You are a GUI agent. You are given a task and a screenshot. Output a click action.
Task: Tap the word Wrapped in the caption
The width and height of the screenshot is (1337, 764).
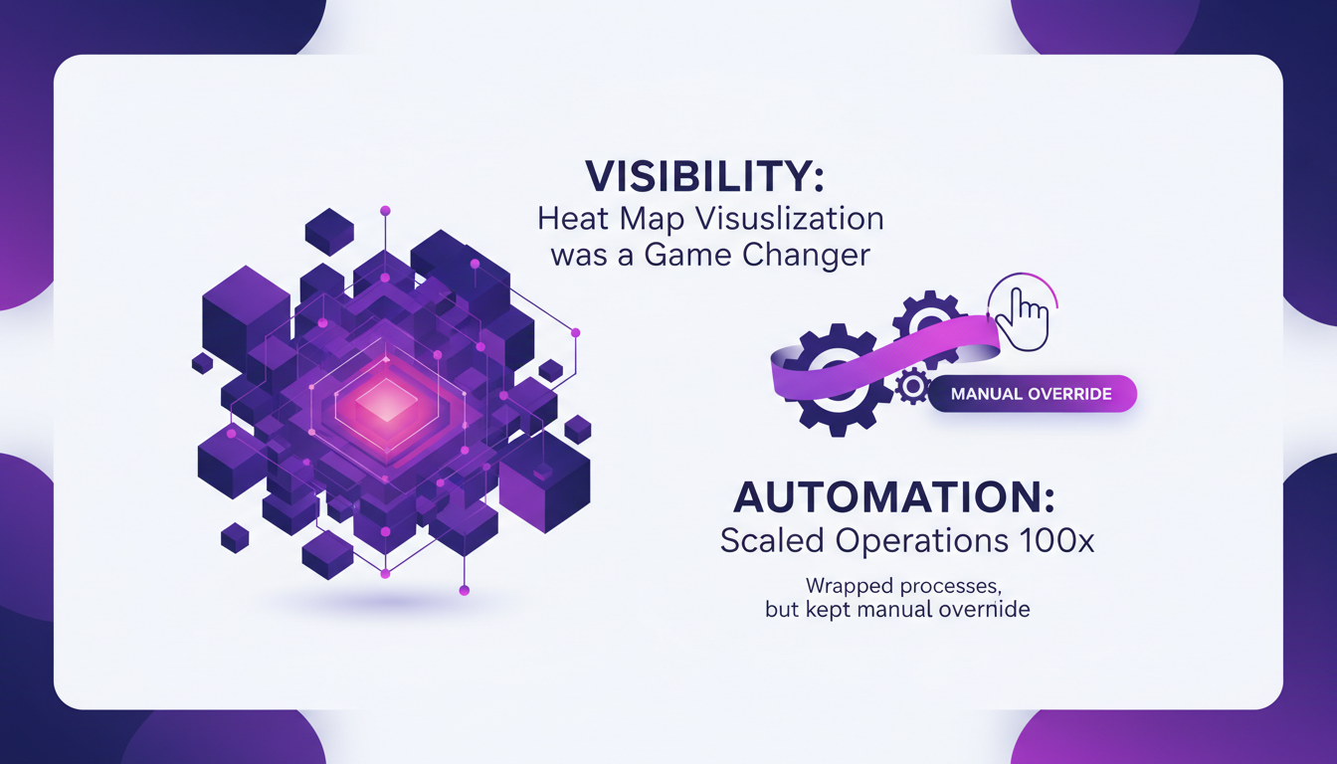pos(847,585)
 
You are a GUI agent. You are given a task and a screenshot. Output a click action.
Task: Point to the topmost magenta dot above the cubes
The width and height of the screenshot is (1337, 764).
pos(385,211)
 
